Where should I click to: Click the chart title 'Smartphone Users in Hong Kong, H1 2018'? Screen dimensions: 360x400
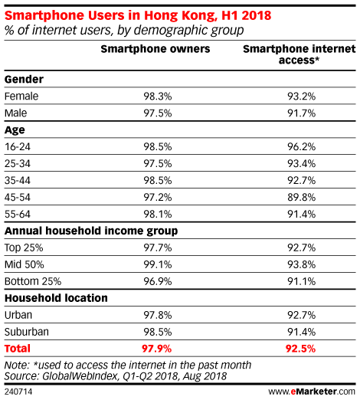point(138,16)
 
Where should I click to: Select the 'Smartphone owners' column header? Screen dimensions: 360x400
point(155,49)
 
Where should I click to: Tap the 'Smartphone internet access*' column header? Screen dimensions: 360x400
point(299,54)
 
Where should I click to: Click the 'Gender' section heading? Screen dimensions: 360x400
point(24,80)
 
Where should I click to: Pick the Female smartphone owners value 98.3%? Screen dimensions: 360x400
point(158,97)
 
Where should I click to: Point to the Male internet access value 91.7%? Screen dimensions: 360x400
point(302,113)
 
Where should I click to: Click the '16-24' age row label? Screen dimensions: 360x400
point(18,147)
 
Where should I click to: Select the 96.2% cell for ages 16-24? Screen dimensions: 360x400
point(302,147)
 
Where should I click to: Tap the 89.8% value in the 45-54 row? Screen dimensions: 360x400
point(302,198)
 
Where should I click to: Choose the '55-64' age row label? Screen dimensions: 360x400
point(18,215)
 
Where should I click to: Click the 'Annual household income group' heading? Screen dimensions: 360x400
point(91,231)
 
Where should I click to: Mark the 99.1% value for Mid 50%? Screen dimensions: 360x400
point(158,264)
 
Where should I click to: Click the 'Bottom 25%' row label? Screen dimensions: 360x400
point(33,281)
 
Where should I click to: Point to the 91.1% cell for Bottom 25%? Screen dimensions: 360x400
point(302,281)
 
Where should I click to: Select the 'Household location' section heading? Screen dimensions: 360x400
point(56,298)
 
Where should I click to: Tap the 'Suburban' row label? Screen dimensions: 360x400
point(27,332)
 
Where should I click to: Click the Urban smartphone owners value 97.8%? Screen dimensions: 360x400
point(158,315)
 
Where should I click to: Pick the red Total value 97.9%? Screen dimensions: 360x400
point(156,349)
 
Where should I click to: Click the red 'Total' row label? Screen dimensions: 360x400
point(18,349)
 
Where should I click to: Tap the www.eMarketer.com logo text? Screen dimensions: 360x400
point(312,392)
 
